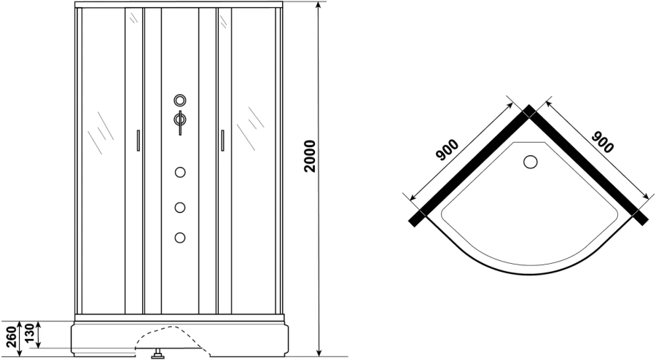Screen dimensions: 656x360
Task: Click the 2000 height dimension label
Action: (310, 157)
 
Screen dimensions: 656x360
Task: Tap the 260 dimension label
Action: (12, 336)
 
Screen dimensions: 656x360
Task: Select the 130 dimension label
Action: (30, 333)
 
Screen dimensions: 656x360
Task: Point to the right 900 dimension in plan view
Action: (603, 142)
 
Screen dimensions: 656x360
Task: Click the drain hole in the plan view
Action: (531, 162)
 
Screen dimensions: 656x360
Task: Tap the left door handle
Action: (138, 140)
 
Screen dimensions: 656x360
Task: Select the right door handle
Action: (222, 140)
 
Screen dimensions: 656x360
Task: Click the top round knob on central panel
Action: (180, 101)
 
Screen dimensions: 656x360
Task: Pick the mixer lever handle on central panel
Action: (180, 123)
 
